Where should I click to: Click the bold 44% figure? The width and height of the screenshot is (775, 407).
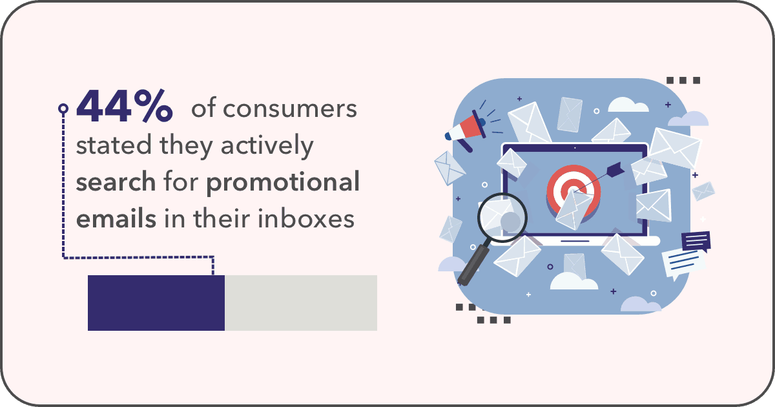pyautogui.click(x=124, y=106)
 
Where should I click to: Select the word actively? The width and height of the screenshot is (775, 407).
pyautogui.click(x=267, y=147)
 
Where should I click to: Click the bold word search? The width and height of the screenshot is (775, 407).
pyautogui.click(x=116, y=182)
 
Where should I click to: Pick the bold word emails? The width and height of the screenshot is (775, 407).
pyautogui.click(x=116, y=219)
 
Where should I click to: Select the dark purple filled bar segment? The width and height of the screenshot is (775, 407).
pyautogui.click(x=156, y=303)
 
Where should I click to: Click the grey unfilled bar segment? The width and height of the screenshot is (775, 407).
pyautogui.click(x=301, y=303)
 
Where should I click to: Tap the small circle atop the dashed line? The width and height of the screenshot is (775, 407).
pyautogui.click(x=63, y=109)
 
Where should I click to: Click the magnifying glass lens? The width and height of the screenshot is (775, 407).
pyautogui.click(x=502, y=217)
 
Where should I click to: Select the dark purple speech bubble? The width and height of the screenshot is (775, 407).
pyautogui.click(x=696, y=241)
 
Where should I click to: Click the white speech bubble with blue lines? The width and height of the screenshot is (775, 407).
pyautogui.click(x=683, y=264)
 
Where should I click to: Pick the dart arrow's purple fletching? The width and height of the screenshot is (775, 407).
pyautogui.click(x=615, y=169)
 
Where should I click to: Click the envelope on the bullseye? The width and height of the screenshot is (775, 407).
pyautogui.click(x=573, y=209)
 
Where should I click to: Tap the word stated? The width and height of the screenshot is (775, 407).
pyautogui.click(x=114, y=145)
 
